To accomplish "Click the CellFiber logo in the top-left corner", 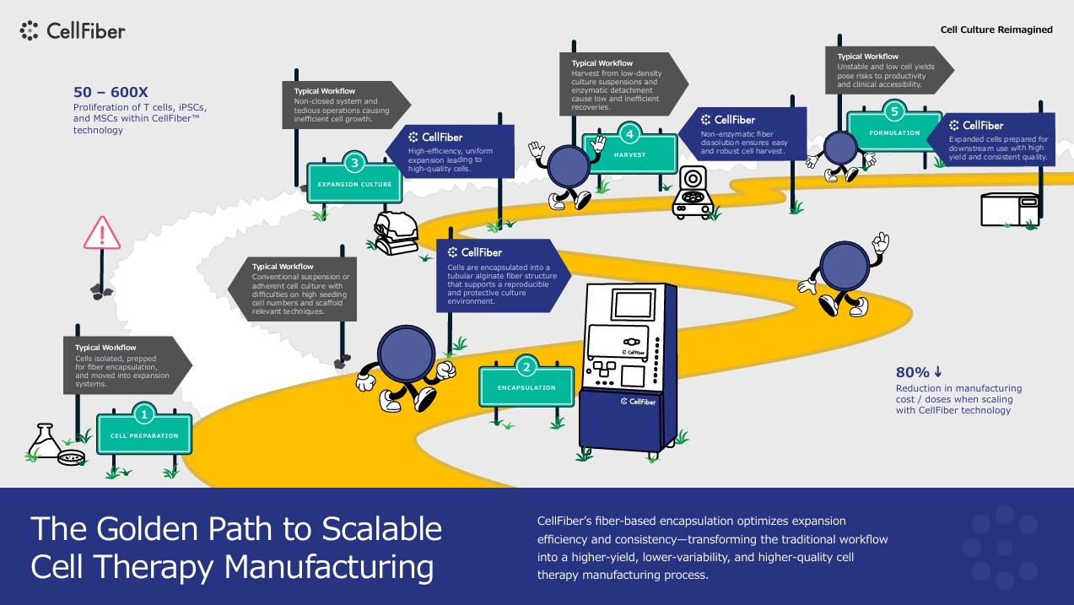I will coord(73,31).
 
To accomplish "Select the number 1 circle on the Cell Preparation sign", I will coord(144,413).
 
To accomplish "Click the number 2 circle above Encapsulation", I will coord(526,366).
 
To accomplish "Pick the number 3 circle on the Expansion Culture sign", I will coord(354,163).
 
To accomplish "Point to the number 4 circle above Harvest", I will coord(629,132).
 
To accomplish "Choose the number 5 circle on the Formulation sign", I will coord(895,111).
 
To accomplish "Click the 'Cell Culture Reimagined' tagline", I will coord(996,30).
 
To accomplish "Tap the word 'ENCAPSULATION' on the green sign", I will coord(526,388).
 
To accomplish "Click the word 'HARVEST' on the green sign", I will coord(629,155).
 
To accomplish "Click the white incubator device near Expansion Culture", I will coord(397,232).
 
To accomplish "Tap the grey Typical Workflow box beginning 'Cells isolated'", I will coord(127,365).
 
